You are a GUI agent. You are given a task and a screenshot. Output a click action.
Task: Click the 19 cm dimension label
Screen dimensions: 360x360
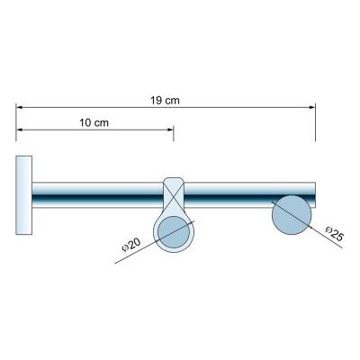click(x=165, y=101)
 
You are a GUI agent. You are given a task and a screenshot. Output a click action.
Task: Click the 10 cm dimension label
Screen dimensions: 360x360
click(x=94, y=122)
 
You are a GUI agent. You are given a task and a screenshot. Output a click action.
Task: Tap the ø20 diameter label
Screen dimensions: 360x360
click(x=131, y=245)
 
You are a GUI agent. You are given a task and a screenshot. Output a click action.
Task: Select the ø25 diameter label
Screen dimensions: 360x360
click(x=334, y=233)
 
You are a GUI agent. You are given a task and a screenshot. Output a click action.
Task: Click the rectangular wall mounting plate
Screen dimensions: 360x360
click(x=24, y=195)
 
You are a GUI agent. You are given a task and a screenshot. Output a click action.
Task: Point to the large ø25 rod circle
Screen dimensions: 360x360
click(x=292, y=215)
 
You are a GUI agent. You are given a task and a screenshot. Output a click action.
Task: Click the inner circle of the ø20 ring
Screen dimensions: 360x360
click(x=174, y=232)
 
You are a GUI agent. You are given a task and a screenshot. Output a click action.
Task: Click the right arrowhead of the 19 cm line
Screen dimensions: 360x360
click(x=312, y=107)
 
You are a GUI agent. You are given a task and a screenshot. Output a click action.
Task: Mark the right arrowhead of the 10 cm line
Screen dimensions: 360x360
click(x=170, y=130)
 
